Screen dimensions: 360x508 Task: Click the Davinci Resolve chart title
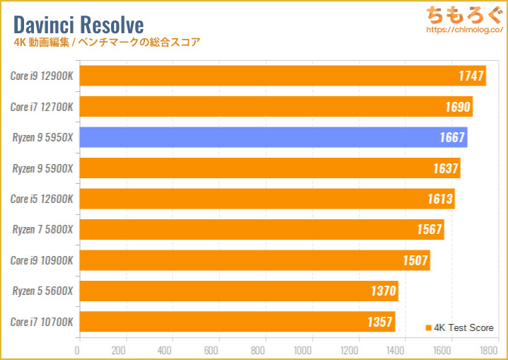[79, 25]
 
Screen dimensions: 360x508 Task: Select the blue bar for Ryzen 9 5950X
[272, 137]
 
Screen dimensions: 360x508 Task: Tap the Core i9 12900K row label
[42, 76]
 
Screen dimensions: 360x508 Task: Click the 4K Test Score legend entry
[459, 327]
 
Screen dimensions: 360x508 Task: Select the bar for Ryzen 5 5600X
[238, 291]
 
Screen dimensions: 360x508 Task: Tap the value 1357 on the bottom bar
[379, 322]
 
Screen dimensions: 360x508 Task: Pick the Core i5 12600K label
[42, 199]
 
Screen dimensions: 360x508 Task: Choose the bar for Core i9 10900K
[254, 260]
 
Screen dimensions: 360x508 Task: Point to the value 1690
[456, 107]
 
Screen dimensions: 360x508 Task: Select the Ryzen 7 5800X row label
[42, 229]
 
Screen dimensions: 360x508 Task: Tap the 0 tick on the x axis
[79, 349]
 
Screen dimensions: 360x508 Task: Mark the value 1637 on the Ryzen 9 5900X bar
[444, 168]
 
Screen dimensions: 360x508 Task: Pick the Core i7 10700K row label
[42, 322]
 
